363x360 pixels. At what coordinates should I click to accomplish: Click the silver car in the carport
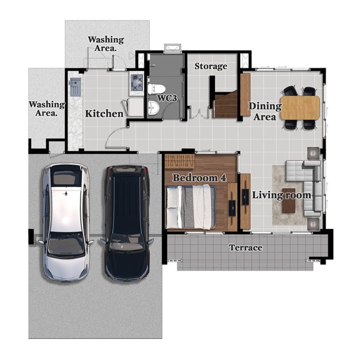(x=66, y=222)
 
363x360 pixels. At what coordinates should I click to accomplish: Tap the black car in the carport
(x=127, y=223)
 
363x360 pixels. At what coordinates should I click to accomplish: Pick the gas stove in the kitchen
(x=137, y=83)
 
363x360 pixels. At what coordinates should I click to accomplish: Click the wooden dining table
(x=300, y=108)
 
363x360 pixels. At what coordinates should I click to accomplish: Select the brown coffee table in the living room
(x=289, y=204)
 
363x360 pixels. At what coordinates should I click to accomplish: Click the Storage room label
(x=211, y=66)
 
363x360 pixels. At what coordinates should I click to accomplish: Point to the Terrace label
(x=245, y=248)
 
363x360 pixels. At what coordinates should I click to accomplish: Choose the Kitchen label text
(x=104, y=114)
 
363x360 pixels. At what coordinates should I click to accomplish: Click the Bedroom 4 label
(x=199, y=178)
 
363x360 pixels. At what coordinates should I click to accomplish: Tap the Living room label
(x=281, y=195)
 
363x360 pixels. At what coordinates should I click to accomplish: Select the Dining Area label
(x=265, y=112)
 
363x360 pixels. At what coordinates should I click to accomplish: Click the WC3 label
(x=167, y=98)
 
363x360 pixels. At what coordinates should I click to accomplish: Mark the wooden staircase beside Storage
(x=226, y=105)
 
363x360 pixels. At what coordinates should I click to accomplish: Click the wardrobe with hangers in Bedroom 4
(x=180, y=161)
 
